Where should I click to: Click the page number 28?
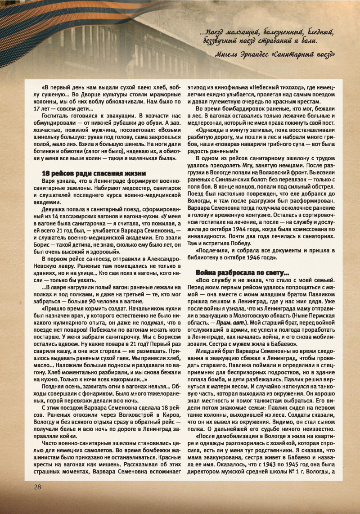(x=37, y=487)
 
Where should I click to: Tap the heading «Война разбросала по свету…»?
(x=230, y=272)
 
